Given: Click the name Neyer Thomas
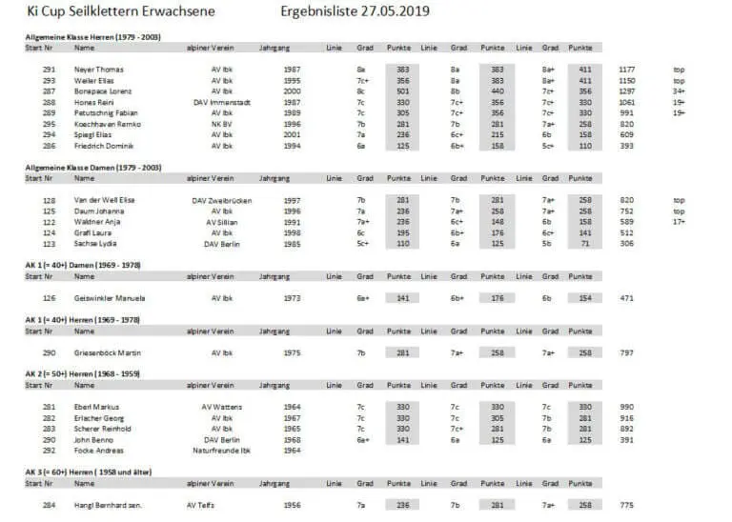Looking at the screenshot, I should (x=99, y=70).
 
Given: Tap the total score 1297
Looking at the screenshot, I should (x=626, y=90).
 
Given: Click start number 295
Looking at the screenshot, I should (x=50, y=124).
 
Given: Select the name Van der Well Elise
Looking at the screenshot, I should (x=107, y=201).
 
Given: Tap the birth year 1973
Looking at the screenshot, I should (x=292, y=298).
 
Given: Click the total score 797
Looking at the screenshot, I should (x=626, y=353).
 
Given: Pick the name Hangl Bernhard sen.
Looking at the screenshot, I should (x=108, y=506).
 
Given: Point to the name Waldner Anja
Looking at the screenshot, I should (x=99, y=222).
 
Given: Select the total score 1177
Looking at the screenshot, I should (x=626, y=70).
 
